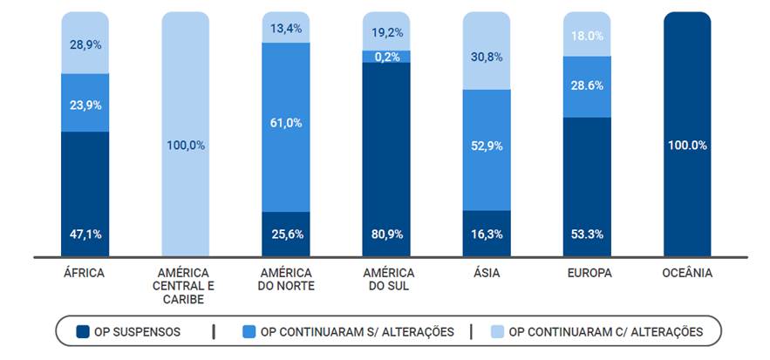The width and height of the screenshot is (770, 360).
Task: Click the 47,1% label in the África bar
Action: pos(85,234)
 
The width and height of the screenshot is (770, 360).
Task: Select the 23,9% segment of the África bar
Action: pos(85,105)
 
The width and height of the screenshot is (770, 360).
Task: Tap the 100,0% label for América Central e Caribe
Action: pos(186,146)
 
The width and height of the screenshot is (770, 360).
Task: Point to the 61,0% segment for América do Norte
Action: pos(286,123)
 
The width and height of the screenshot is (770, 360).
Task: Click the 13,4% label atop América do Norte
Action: pos(286,29)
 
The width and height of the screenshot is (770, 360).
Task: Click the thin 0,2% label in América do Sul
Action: pos(386,58)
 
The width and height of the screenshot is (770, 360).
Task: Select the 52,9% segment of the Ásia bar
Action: pos(487,146)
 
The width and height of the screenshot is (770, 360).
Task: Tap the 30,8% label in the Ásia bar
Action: pos(487,57)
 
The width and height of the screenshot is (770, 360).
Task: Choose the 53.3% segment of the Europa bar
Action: pos(587,183)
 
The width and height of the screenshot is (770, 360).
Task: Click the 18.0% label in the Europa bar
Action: pos(587,36)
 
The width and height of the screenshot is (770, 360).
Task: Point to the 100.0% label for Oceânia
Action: pos(687,146)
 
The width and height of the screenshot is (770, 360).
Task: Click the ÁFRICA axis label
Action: pos(85,273)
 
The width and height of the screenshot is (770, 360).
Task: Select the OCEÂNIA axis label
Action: pos(687,273)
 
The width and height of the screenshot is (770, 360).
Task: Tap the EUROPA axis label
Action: pos(587,273)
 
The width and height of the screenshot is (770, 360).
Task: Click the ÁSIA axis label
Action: pos(487,273)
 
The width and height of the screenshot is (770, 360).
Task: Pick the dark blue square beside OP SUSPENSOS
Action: pos(83,331)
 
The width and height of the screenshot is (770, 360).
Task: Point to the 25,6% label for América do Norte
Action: pos(286,234)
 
